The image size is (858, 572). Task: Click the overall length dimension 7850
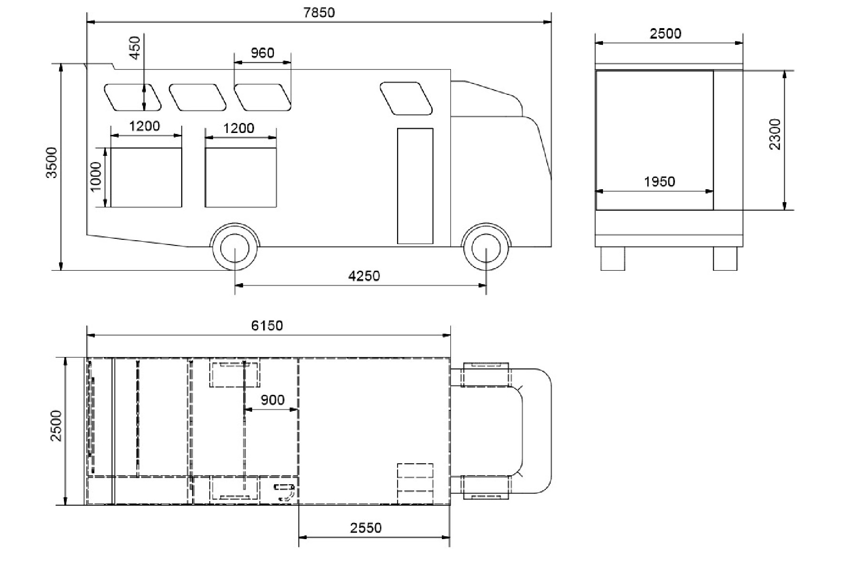point(319,12)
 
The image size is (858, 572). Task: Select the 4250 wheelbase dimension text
point(364,276)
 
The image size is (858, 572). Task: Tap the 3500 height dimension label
point(51,163)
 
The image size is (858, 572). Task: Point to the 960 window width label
point(262,52)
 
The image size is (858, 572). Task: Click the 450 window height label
point(135,48)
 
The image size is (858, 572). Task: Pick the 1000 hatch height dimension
point(96,177)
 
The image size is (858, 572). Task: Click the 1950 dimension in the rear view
point(659,182)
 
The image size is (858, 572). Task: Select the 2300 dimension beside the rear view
point(775,134)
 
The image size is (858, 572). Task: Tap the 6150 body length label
point(267,326)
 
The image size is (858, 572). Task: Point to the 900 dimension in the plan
point(273,399)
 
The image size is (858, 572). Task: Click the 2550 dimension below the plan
point(366,528)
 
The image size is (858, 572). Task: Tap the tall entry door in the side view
point(415,186)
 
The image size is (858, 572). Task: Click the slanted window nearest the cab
point(406,98)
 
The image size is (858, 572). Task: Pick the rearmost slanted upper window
point(133,97)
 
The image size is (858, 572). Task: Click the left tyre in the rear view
point(613,258)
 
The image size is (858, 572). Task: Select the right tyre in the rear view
point(725,258)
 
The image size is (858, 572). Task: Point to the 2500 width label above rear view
point(665,34)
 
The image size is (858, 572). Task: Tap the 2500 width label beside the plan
point(56,426)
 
